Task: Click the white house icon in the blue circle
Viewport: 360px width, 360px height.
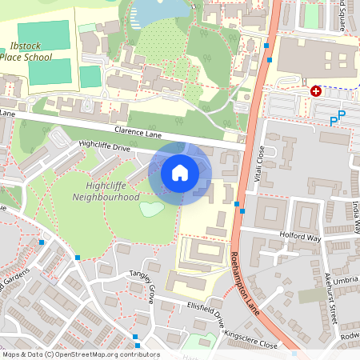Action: [x=180, y=172]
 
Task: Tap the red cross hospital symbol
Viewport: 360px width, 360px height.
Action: [x=316, y=91]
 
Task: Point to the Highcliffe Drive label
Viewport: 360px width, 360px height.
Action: [x=104, y=146]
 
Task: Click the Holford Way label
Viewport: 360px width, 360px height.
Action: [x=300, y=236]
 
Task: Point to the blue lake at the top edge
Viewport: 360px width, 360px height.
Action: [x=156, y=10]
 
